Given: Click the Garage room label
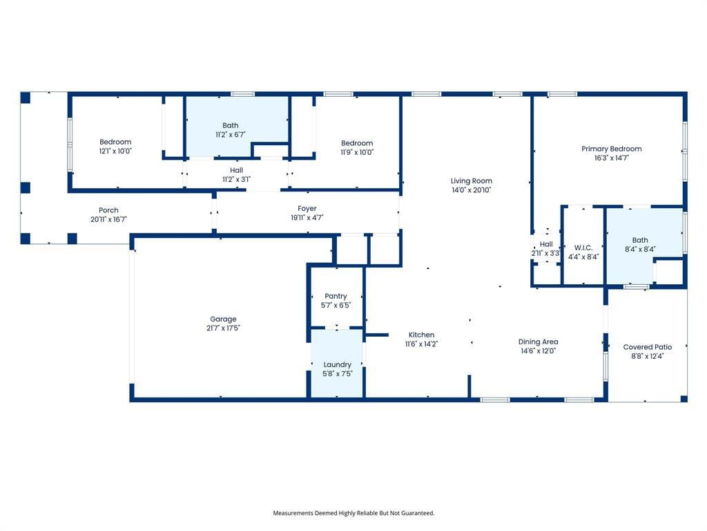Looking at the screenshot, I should pos(223,319).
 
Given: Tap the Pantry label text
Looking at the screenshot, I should pos(336,296).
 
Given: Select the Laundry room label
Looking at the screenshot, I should pos(338,364).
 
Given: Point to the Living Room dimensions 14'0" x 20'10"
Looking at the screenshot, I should pos(472,190).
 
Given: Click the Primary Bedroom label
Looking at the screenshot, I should pos(611,149).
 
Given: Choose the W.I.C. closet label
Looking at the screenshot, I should pos(583,248).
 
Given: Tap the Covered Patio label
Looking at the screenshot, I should pos(647,347).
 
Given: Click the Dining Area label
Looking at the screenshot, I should pos(538,342).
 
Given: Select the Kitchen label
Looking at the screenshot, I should pos(421,335).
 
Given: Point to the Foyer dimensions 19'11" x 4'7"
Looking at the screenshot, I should pos(307,218).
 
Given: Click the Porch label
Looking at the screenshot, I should pos(108,210).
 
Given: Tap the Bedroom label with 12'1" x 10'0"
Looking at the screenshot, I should pos(115,142).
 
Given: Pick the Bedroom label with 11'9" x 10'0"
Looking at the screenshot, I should pos(357,143).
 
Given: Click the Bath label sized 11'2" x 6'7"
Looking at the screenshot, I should pos(231,126).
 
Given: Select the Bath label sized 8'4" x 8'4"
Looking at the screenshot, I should pos(640,241).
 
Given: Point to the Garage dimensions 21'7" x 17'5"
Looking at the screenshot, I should pos(223,328).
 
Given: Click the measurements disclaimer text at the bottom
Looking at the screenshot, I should pos(353,513).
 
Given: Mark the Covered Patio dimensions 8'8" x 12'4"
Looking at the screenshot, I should pos(647,356).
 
